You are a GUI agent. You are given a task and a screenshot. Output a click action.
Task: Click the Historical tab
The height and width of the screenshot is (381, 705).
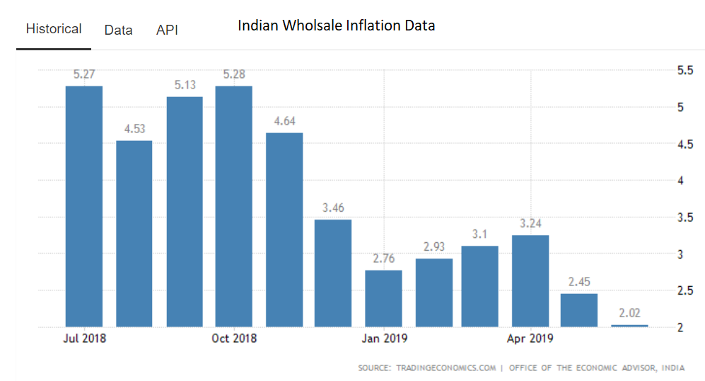[54, 29]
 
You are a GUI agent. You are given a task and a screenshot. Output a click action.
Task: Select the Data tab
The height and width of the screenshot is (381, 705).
[118, 30]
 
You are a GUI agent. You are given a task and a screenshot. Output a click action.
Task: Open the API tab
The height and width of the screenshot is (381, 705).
[167, 30]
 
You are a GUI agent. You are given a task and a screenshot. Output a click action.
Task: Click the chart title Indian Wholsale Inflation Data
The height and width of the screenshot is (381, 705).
[336, 25]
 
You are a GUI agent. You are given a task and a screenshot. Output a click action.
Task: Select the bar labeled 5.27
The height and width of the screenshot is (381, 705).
[84, 205]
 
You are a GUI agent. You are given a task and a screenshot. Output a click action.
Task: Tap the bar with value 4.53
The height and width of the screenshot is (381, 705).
[134, 233]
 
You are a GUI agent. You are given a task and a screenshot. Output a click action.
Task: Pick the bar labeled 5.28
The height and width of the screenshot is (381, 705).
[233, 205]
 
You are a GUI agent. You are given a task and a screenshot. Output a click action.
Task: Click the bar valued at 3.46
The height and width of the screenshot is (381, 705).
[333, 273]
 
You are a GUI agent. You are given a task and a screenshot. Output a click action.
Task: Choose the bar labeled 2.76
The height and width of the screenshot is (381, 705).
[383, 298]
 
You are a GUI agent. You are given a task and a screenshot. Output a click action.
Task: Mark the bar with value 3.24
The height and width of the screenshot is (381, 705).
[530, 280]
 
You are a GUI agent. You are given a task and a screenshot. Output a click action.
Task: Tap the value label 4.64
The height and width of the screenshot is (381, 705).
[284, 121]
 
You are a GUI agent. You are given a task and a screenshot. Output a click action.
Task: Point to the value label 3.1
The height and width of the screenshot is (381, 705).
[480, 234]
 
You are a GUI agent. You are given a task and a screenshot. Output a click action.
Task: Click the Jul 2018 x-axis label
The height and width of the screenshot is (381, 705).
[84, 339]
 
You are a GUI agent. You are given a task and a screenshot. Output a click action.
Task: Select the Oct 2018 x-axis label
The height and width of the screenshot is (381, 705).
[234, 339]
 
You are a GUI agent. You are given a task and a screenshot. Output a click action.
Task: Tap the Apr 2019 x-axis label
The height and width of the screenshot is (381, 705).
[530, 339]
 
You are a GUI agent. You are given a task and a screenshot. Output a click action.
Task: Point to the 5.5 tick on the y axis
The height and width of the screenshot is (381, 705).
[684, 71]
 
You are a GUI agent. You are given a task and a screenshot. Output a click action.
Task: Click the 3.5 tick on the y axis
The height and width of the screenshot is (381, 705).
[684, 217]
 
